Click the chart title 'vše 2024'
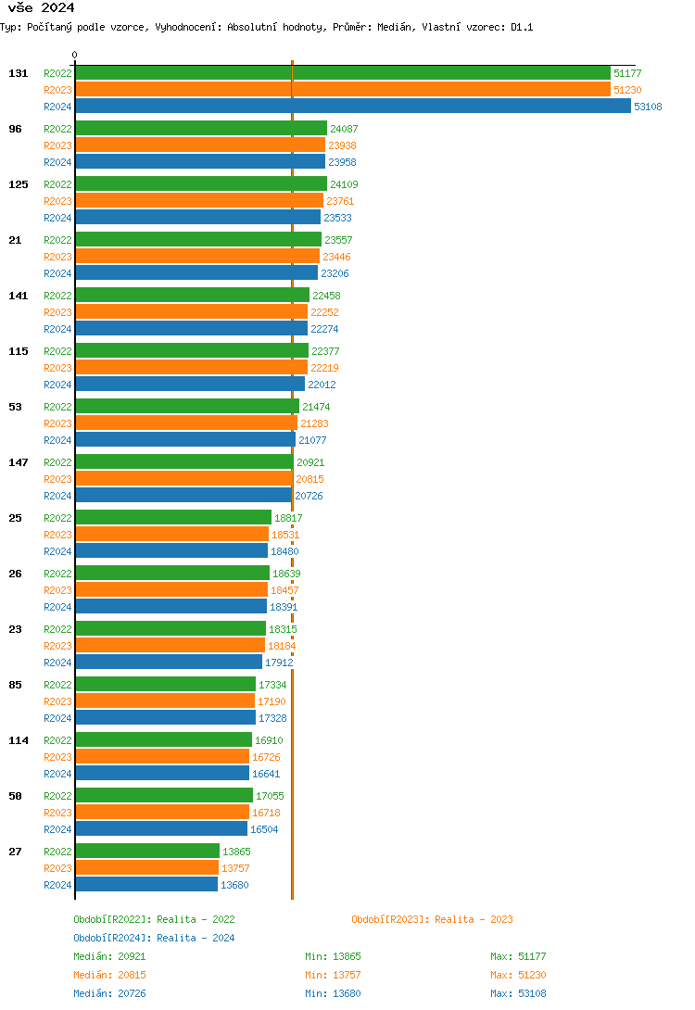[x=41, y=8]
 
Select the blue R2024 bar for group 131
[x=352, y=107]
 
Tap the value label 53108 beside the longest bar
[x=648, y=107]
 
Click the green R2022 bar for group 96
[x=201, y=129]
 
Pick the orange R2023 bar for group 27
[x=146, y=868]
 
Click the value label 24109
[x=344, y=184]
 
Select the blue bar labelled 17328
[x=165, y=718]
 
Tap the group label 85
[x=16, y=685]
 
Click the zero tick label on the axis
[x=75, y=55]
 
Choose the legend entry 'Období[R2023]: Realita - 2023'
[x=432, y=919]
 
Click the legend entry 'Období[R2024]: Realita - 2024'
[x=154, y=938]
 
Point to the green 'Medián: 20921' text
[x=109, y=956]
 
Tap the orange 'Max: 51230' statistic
[x=518, y=975]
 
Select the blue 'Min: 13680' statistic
[x=333, y=993]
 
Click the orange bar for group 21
[x=197, y=257]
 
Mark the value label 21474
[x=316, y=407]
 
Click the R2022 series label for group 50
[x=57, y=796]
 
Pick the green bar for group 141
[x=192, y=296]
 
